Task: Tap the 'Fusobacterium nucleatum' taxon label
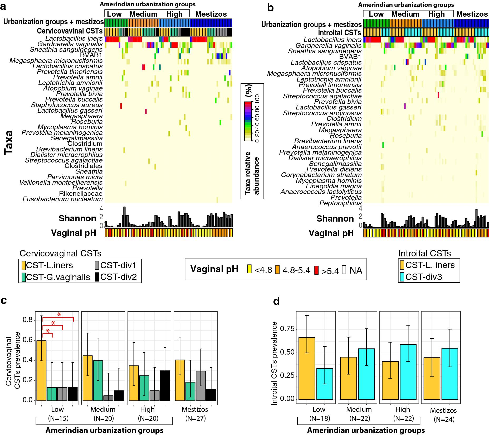tap(62, 199)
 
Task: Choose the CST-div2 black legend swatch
tap(97, 277)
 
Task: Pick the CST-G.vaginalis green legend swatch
tap(24, 277)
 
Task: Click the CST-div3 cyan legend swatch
tap(402, 277)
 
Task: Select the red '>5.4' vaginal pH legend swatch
tap(316, 270)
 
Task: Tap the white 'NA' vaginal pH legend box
tap(344, 270)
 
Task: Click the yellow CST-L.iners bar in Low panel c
tap(41, 371)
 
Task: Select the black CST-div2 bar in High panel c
tap(165, 386)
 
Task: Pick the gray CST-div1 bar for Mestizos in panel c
tap(201, 386)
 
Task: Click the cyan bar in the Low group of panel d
tap(325, 384)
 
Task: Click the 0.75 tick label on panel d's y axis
tap(287, 329)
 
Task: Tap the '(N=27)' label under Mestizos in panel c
tap(195, 418)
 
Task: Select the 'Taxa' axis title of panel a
tap(8, 142)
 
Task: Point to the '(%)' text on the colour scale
tap(248, 90)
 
